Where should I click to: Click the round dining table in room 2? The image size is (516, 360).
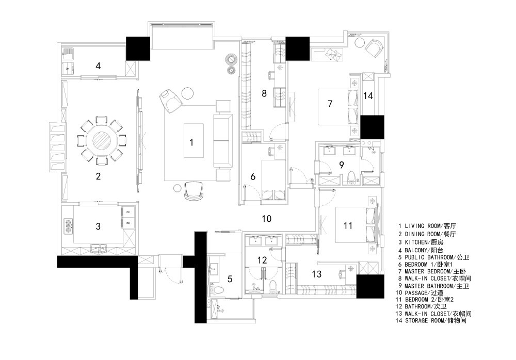tap(102, 140)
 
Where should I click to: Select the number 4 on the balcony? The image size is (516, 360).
tap(98, 66)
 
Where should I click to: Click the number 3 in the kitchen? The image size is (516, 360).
tap(98, 226)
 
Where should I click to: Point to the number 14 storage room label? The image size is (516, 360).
tap(368, 95)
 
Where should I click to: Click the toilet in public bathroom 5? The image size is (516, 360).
tap(217, 290)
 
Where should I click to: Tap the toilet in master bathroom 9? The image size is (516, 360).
tap(351, 177)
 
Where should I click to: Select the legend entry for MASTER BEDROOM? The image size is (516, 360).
tap(432, 271)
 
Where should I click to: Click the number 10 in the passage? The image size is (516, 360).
tap(267, 219)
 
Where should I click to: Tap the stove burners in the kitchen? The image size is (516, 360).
tap(68, 226)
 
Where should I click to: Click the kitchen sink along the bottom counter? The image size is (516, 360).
tap(99, 248)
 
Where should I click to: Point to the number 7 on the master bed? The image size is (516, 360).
tap(330, 104)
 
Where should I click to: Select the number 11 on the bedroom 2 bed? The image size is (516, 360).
tap(348, 226)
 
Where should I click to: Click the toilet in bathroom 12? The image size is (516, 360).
tap(273, 287)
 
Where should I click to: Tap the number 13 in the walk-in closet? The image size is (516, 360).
tap(317, 274)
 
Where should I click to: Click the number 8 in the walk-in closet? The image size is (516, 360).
tap(264, 93)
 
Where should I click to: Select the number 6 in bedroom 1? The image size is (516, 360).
tap(253, 177)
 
